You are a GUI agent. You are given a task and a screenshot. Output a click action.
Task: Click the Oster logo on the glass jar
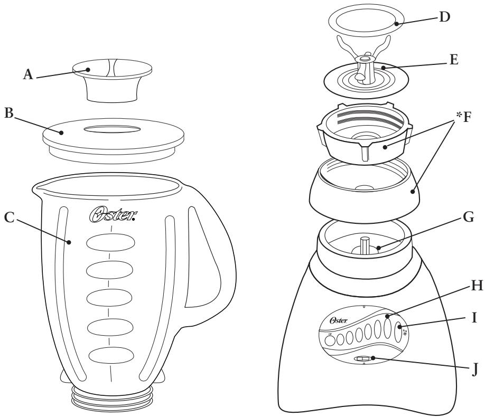click(111, 216)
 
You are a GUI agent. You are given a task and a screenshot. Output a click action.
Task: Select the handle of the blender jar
click(211, 238)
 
